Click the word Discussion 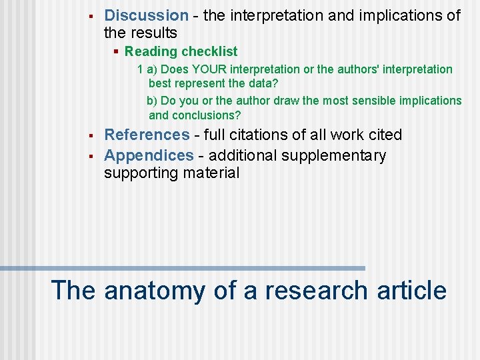point(147,15)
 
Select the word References point(147,135)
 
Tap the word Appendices point(149,155)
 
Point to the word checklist point(209,51)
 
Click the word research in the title point(316,291)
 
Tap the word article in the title point(411,291)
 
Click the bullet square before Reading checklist point(116,51)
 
